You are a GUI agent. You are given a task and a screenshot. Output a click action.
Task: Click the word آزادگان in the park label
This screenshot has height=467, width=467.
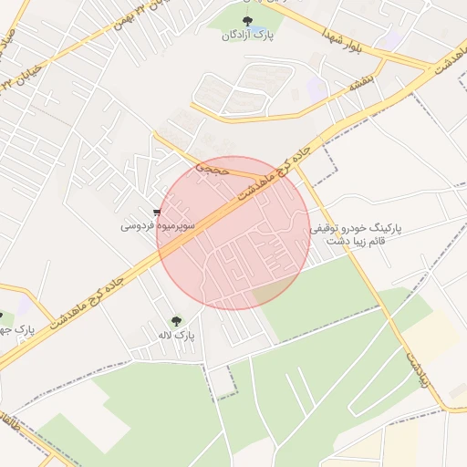click(x=236, y=36)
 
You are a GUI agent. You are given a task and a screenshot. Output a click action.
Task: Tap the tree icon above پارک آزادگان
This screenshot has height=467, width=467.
click(x=246, y=20)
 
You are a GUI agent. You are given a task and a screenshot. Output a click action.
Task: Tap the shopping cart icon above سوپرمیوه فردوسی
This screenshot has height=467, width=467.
click(x=158, y=212)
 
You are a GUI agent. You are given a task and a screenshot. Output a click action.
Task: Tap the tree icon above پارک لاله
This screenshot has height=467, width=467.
click(x=175, y=320)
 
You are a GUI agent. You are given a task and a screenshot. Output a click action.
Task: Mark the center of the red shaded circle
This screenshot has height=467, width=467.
click(x=233, y=233)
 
